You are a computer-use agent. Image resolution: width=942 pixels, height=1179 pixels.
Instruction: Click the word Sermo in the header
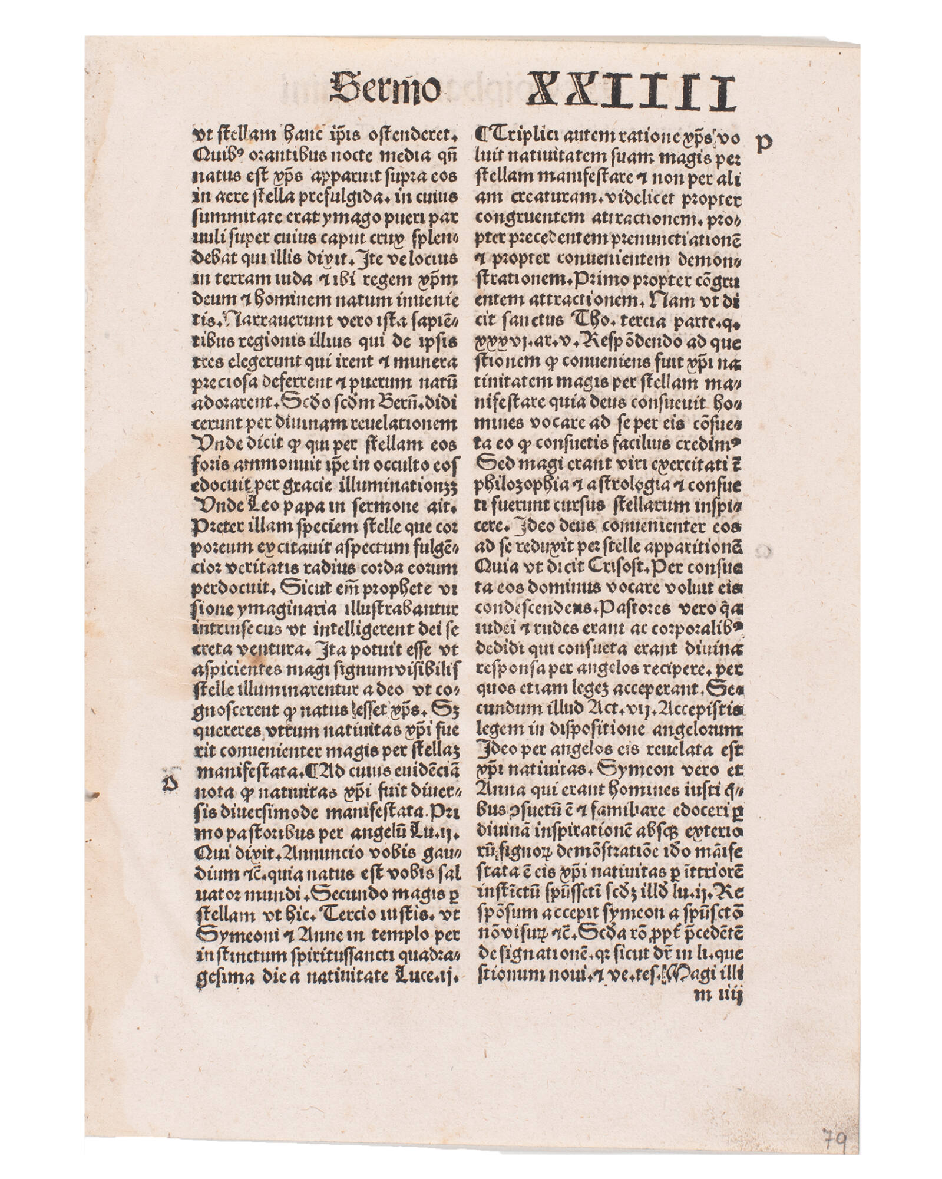(x=385, y=89)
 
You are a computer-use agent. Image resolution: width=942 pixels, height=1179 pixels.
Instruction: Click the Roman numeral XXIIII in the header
(x=630, y=92)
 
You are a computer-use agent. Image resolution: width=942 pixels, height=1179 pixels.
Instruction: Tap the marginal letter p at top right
(x=763, y=143)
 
